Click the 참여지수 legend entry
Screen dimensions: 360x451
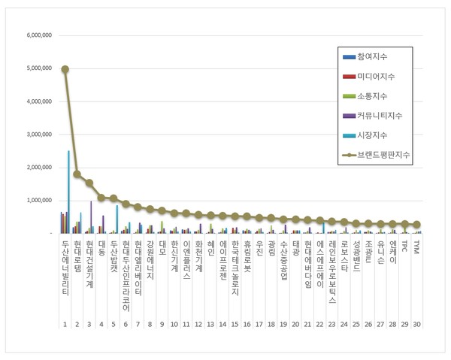pos(379,57)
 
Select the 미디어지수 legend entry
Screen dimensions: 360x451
pos(382,77)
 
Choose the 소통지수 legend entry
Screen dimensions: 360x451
pos(379,96)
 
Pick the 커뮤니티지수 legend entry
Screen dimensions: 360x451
pos(385,116)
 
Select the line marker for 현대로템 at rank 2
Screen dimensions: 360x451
pos(77,174)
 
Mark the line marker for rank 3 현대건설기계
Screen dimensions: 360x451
pos(89,183)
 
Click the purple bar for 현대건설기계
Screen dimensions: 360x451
pos(91,217)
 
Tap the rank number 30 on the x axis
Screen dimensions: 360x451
pos(417,324)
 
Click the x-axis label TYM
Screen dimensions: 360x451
pos(417,246)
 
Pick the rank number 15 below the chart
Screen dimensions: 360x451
pos(235,324)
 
